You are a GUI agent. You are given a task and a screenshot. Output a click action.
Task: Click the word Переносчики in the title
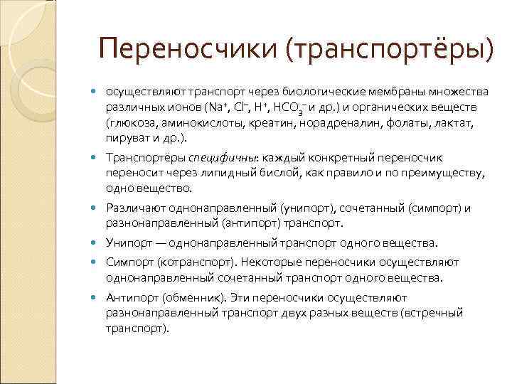coord(189,49)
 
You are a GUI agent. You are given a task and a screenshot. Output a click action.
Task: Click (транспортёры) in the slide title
coord(389,49)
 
